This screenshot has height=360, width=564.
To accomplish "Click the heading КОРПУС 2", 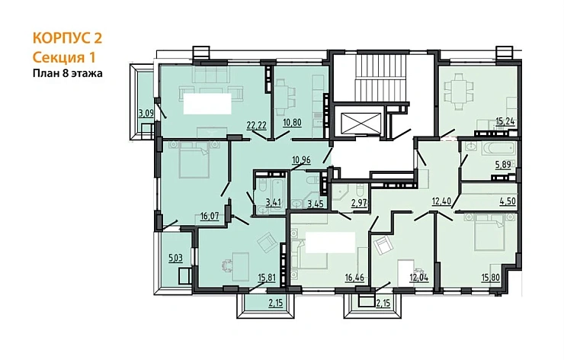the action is tap(67, 38).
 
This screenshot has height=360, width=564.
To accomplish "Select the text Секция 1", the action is tap(64, 57).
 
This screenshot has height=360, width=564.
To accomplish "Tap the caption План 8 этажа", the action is tap(68, 73).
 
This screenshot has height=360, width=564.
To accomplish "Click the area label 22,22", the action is tap(256, 125).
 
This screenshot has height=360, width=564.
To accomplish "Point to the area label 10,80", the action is tap(292, 122).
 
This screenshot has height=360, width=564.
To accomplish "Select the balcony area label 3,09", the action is tap(146, 113).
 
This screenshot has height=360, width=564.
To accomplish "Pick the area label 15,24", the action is tap(505, 122).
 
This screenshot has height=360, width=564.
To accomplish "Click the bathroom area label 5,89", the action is tap(503, 165).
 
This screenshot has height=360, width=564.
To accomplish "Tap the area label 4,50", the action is tap(508, 201).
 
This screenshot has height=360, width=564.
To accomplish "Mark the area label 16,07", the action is tap(210, 216).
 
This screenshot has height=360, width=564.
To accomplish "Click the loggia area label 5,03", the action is tap(176, 258).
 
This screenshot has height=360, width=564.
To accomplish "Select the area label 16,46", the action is tap(354, 277).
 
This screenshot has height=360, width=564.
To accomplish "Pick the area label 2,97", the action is tap(359, 204).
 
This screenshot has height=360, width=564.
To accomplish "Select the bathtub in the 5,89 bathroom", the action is tap(498, 148).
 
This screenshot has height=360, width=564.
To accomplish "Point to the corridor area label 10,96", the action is tap(301, 159).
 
